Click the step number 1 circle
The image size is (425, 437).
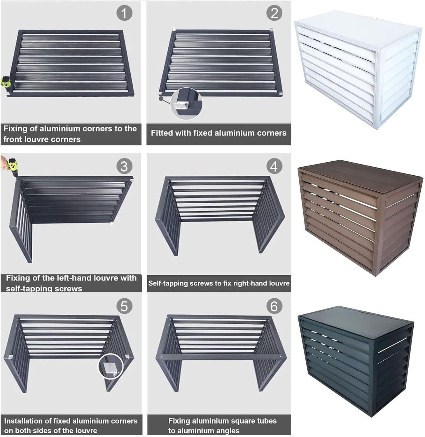[124, 13]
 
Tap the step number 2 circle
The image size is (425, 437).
[274, 13]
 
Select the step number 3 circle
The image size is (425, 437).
[124, 166]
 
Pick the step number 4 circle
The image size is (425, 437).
[274, 166]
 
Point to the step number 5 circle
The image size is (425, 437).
[124, 306]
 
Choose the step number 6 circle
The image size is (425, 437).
[274, 306]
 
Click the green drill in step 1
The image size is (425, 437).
[6, 82]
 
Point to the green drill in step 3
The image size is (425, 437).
[12, 166]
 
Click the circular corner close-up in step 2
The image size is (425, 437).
[186, 104]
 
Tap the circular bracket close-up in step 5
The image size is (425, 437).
[110, 366]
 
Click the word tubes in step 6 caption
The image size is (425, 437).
[264, 421]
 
